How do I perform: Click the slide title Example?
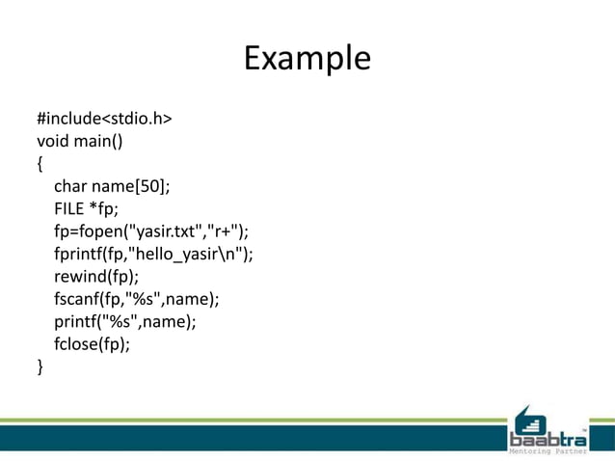[307, 58]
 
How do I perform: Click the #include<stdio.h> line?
[104, 120]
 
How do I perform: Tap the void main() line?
[80, 142]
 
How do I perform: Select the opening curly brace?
[40, 164]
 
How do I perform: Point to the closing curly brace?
[40, 366]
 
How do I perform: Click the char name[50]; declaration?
[112, 187]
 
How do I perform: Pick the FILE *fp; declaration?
[87, 209]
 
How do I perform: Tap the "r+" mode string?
[225, 232]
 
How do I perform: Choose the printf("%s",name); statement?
[125, 322]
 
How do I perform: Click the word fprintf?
[81, 255]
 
